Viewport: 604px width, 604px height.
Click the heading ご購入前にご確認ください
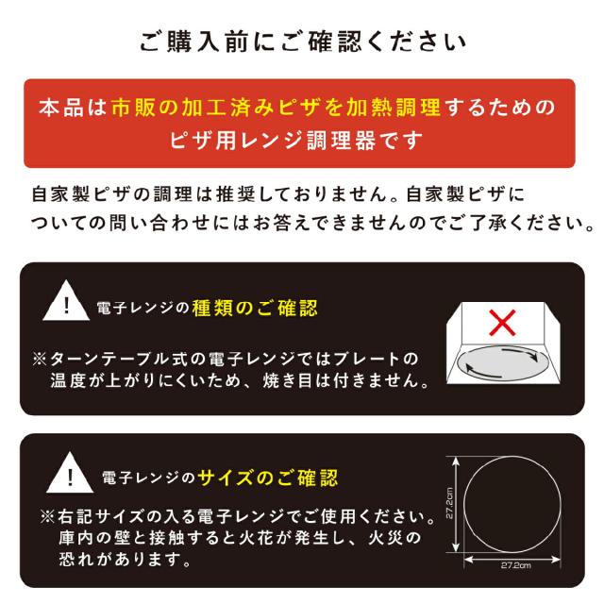(302, 41)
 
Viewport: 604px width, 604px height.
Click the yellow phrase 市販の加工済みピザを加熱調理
(275, 107)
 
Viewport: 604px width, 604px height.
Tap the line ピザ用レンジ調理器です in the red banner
(298, 142)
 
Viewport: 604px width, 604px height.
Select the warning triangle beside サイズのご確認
(66, 471)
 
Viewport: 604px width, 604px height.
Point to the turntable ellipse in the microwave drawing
(499, 362)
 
